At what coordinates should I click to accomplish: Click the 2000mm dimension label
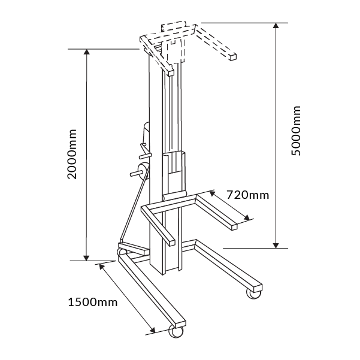click(72, 154)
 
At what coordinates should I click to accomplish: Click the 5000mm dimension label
click(297, 132)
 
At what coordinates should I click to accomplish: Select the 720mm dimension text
click(248, 195)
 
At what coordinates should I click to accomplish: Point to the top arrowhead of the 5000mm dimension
click(276, 26)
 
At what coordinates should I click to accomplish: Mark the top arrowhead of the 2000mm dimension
click(87, 52)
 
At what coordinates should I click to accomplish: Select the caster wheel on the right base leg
click(254, 293)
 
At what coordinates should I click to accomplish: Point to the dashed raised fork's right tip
click(232, 56)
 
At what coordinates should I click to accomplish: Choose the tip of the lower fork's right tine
click(233, 226)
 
